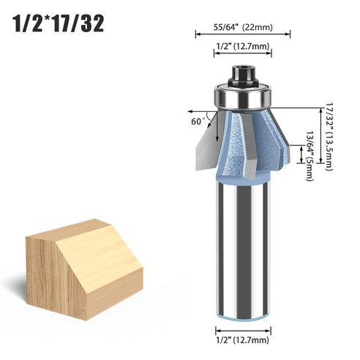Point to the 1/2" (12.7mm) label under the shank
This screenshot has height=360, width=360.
[242, 340]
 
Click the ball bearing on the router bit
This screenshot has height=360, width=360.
[242, 94]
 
